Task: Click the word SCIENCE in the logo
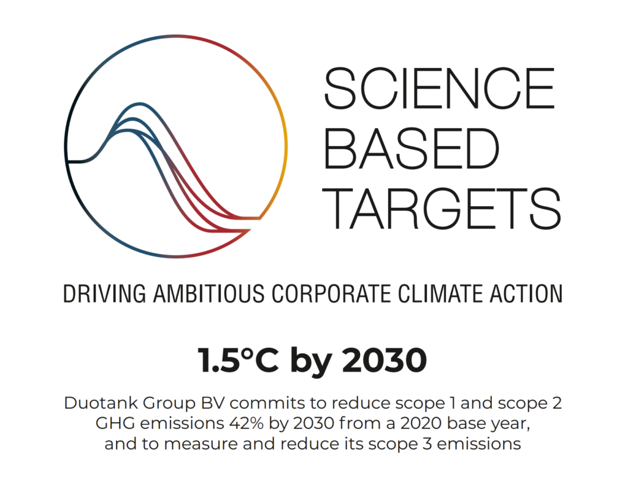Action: point(439,88)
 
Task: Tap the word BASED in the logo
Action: point(412,148)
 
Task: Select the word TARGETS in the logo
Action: point(442,209)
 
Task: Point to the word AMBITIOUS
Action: point(209,294)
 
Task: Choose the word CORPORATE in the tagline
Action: point(331,294)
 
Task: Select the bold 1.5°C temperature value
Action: point(238,360)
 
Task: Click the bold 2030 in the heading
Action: point(384,360)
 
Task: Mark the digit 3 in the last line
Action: point(427,444)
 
